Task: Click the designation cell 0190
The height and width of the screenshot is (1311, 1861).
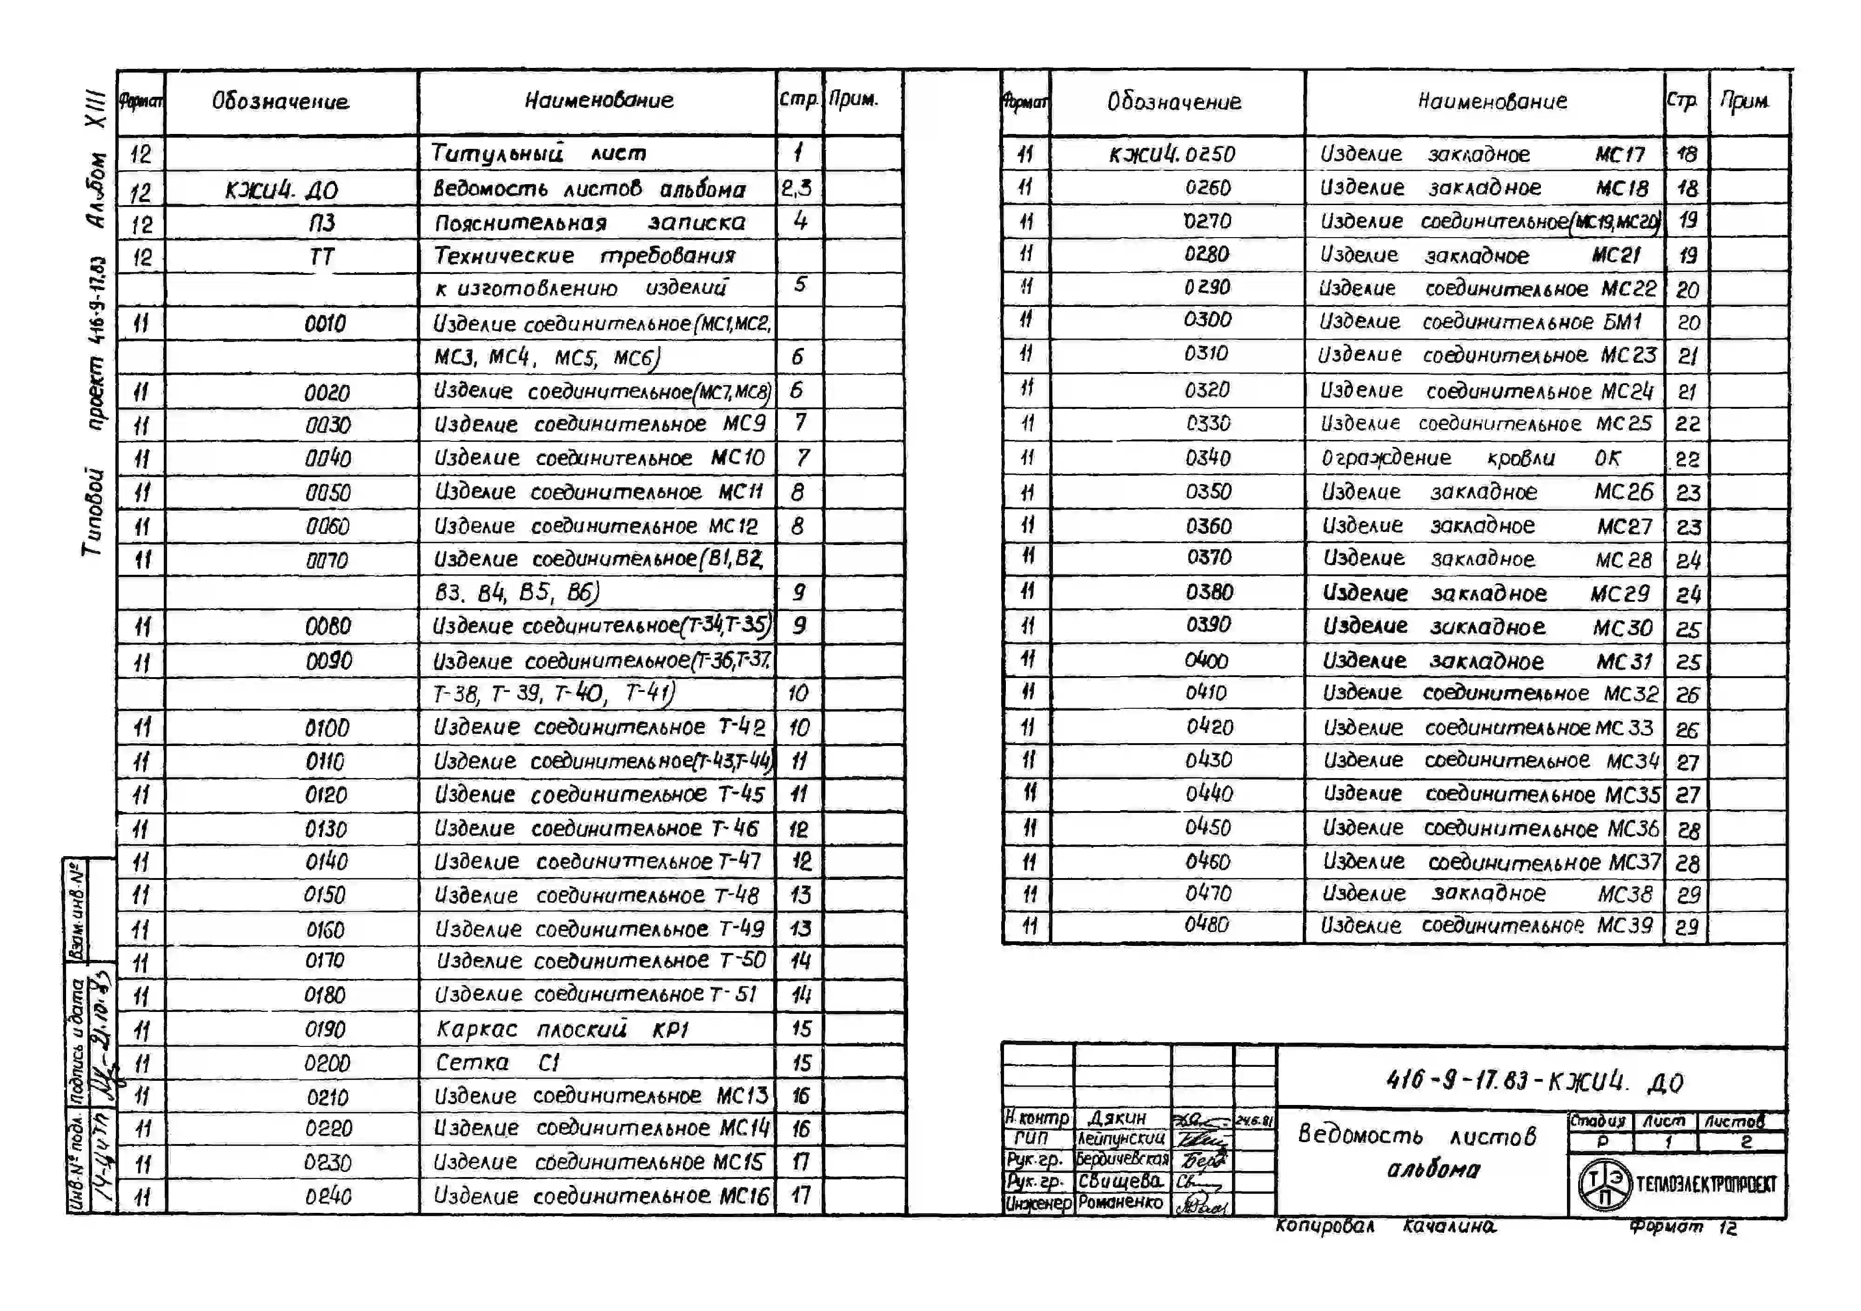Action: coord(325,1030)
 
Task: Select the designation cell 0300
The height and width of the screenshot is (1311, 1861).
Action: coord(1207,320)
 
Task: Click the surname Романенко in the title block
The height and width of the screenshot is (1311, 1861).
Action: coord(1120,1203)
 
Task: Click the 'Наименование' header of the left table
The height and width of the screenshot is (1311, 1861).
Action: coord(598,100)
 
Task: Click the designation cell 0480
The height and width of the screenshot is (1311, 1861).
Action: coord(1206,925)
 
